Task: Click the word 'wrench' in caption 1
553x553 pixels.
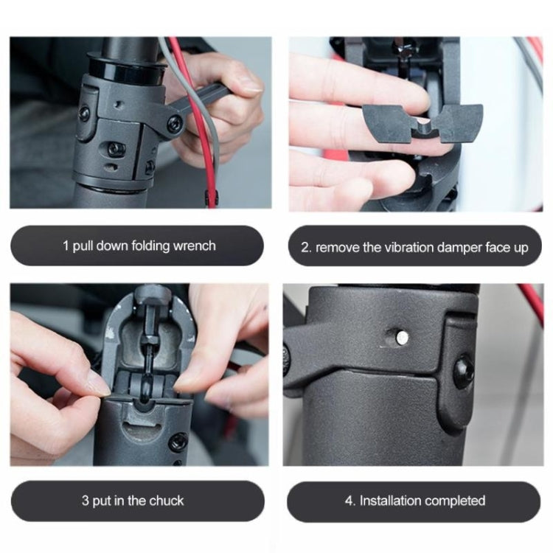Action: [x=195, y=246]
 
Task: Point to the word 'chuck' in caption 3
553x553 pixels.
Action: [x=167, y=501]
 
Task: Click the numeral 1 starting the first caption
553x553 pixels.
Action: [x=66, y=246]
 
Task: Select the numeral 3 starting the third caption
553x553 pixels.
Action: [x=86, y=501]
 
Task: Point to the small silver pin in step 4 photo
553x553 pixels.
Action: [x=401, y=337]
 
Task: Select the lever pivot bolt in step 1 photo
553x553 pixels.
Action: [x=174, y=123]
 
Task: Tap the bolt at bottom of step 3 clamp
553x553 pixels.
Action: [x=177, y=442]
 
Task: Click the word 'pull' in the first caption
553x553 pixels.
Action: [x=86, y=246]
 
